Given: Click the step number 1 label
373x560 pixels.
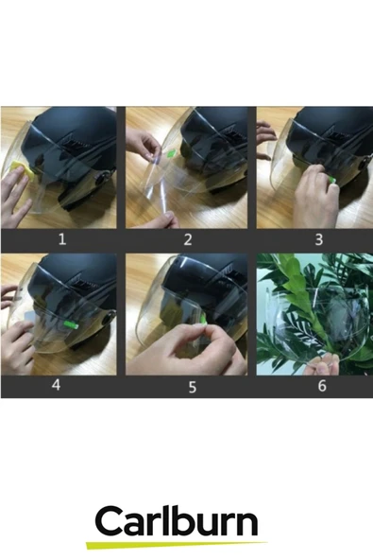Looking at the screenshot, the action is [x=62, y=239].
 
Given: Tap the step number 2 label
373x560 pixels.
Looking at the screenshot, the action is [x=188, y=239].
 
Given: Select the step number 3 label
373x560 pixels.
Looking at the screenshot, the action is [x=319, y=239].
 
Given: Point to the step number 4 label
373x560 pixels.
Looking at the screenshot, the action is [x=56, y=385].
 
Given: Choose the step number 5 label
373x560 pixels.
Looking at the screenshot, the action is [x=193, y=387].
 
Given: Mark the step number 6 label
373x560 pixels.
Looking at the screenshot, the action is [x=322, y=385].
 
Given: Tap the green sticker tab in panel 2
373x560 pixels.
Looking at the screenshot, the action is [x=171, y=154].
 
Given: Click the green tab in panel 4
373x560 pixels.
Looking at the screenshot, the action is [x=71, y=324].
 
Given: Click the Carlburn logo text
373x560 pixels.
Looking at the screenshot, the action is [x=177, y=522].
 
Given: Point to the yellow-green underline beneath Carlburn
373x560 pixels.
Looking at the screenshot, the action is [x=177, y=545].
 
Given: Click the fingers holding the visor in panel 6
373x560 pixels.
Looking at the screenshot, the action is [x=323, y=365].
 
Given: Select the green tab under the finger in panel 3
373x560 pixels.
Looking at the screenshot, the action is [x=332, y=181].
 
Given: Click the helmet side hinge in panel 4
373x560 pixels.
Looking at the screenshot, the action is [x=107, y=318].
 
